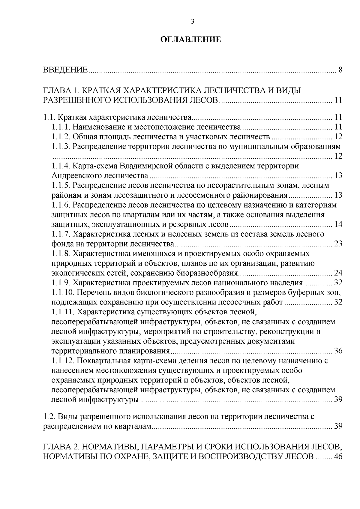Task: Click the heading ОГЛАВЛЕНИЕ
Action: pos(191,40)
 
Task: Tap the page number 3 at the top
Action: pos(193,21)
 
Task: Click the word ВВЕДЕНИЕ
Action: pos(65,71)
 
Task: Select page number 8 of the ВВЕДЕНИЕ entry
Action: pos(340,71)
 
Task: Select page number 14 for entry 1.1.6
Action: pos(338,224)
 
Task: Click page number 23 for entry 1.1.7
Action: pos(338,244)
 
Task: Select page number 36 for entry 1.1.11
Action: pos(338,351)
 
